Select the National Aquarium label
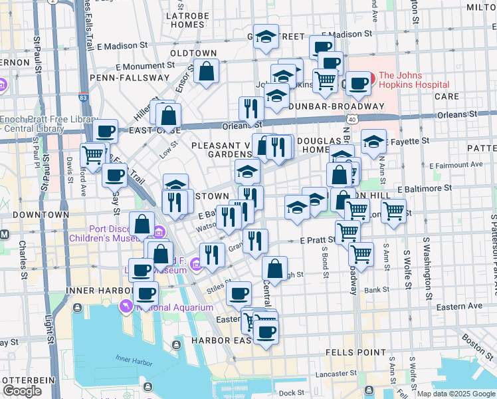175,307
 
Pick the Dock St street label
291,393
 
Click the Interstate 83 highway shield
82,97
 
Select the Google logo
22,391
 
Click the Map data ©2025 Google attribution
456,394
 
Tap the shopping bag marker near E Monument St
207,71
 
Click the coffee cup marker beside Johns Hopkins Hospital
359,84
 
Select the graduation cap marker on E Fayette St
374,141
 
